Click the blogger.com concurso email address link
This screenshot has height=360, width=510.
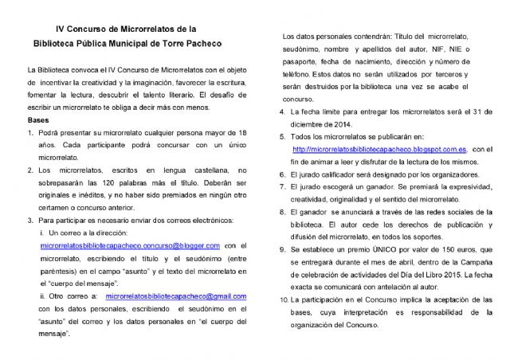(x=130, y=246)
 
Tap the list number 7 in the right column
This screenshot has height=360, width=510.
(x=282, y=186)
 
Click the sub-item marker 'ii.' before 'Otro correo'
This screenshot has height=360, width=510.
(x=43, y=295)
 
